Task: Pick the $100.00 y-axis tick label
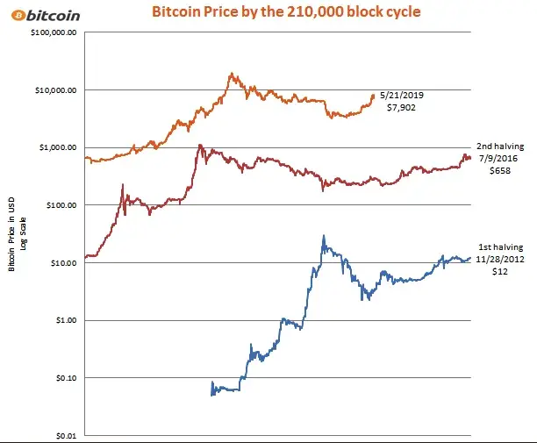coord(59,205)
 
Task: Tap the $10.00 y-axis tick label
coord(61,262)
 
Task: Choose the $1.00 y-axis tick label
coord(64,320)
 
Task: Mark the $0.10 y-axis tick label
coord(64,378)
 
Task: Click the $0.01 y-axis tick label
coord(64,435)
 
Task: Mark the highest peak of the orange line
coord(231,74)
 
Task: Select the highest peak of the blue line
coord(324,235)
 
